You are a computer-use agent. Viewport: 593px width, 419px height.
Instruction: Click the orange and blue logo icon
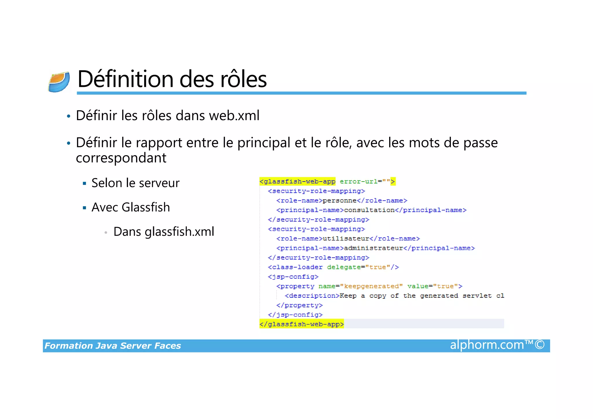point(59,82)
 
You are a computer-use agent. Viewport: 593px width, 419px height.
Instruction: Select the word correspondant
point(121,158)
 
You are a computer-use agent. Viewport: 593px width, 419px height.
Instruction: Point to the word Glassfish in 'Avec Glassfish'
point(146,207)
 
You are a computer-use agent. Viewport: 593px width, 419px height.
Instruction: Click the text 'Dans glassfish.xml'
point(164,232)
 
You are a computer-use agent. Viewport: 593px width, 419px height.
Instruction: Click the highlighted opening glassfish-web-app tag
point(297,182)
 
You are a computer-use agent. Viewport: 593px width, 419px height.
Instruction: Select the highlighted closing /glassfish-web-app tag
point(301,324)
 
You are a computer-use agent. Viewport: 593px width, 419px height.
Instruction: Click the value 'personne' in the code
point(340,200)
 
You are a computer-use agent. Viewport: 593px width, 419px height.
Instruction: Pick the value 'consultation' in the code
point(369,210)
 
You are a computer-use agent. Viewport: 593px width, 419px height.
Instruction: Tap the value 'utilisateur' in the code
point(346,239)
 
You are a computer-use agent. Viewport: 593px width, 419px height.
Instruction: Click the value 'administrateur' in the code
point(374,248)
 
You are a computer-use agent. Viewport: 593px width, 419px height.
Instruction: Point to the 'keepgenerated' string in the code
point(371,286)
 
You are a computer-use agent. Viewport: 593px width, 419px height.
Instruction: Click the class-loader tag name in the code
point(297,267)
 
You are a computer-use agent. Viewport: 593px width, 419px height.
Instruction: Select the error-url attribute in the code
point(358,182)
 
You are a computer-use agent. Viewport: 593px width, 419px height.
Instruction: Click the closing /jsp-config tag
point(295,315)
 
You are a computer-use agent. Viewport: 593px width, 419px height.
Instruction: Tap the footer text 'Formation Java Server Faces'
point(113,346)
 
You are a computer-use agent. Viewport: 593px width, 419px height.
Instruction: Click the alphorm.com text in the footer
point(487,345)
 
